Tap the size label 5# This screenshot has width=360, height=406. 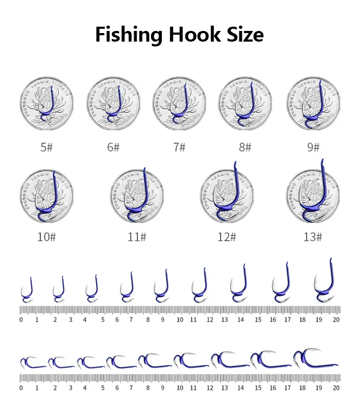[47, 147]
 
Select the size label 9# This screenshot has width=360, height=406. [313, 147]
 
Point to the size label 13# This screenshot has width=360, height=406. [313, 237]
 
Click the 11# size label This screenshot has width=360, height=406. [137, 237]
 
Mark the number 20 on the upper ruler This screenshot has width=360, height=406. [335, 320]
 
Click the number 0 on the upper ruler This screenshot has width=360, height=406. [21, 320]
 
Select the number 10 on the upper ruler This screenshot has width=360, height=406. [180, 320]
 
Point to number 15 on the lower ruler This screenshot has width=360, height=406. [258, 388]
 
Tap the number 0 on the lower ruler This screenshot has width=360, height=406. [21, 388]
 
